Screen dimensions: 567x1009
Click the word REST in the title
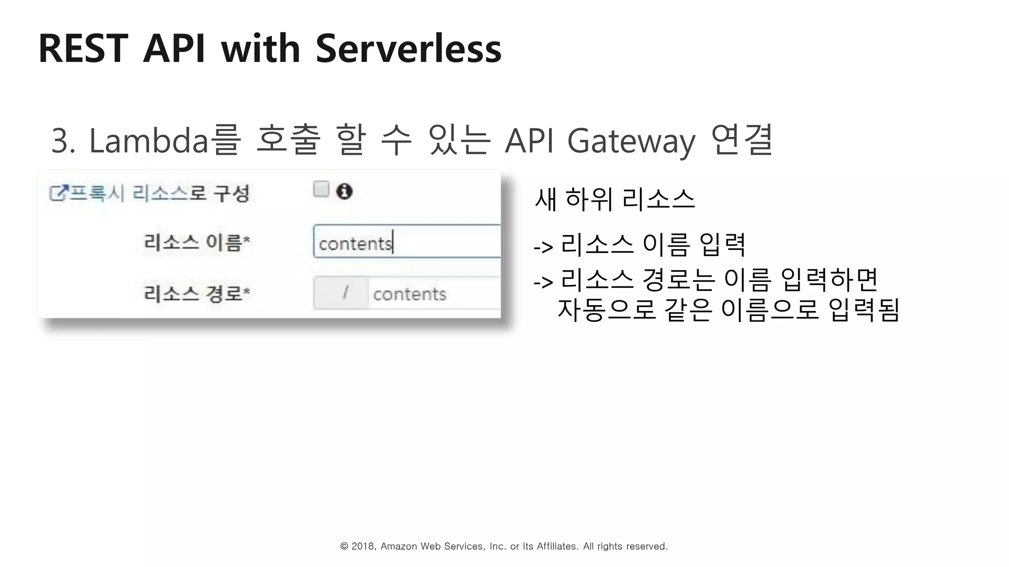click(x=83, y=49)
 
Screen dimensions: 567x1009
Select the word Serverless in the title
click(x=408, y=49)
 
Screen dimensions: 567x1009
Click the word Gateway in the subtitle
click(x=631, y=142)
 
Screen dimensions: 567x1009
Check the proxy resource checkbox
click(x=321, y=189)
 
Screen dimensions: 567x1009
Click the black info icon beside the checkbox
click(x=344, y=191)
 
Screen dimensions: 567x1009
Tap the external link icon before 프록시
click(x=58, y=193)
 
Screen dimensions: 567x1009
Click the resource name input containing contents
click(x=406, y=242)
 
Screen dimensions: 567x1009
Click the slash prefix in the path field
click(x=345, y=293)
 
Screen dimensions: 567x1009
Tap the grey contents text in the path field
click(x=409, y=294)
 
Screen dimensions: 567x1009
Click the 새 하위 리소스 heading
click(x=614, y=199)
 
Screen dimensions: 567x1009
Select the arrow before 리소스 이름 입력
click(x=543, y=247)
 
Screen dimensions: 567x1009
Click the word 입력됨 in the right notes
click(x=864, y=310)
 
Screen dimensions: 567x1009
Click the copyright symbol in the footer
click(x=344, y=546)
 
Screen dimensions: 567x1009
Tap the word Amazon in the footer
click(x=399, y=546)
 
